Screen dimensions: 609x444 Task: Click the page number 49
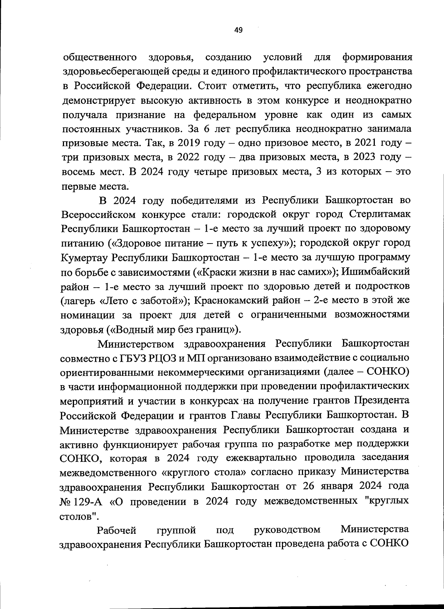pyautogui.click(x=239, y=30)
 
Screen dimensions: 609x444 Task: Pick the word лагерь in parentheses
pyautogui.click(x=79, y=301)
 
